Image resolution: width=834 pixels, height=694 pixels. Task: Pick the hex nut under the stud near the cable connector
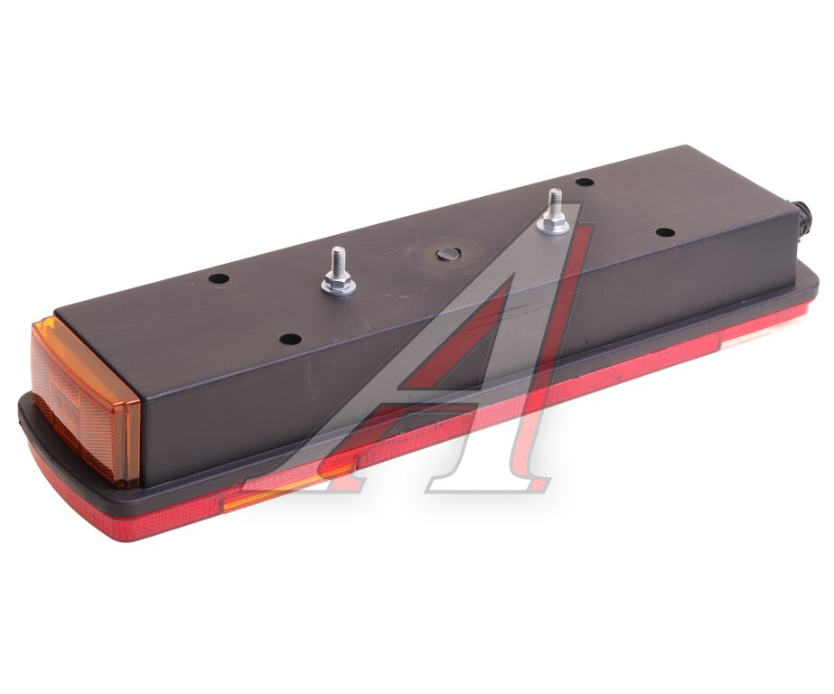[x=553, y=226]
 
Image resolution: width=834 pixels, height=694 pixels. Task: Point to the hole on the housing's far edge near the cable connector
[x=585, y=183]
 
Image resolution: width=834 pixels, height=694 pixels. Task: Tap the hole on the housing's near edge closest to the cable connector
[x=665, y=232]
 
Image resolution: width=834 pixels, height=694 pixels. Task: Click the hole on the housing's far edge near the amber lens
[x=219, y=278]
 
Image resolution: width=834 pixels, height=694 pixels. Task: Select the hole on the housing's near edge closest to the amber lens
[x=290, y=339]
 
